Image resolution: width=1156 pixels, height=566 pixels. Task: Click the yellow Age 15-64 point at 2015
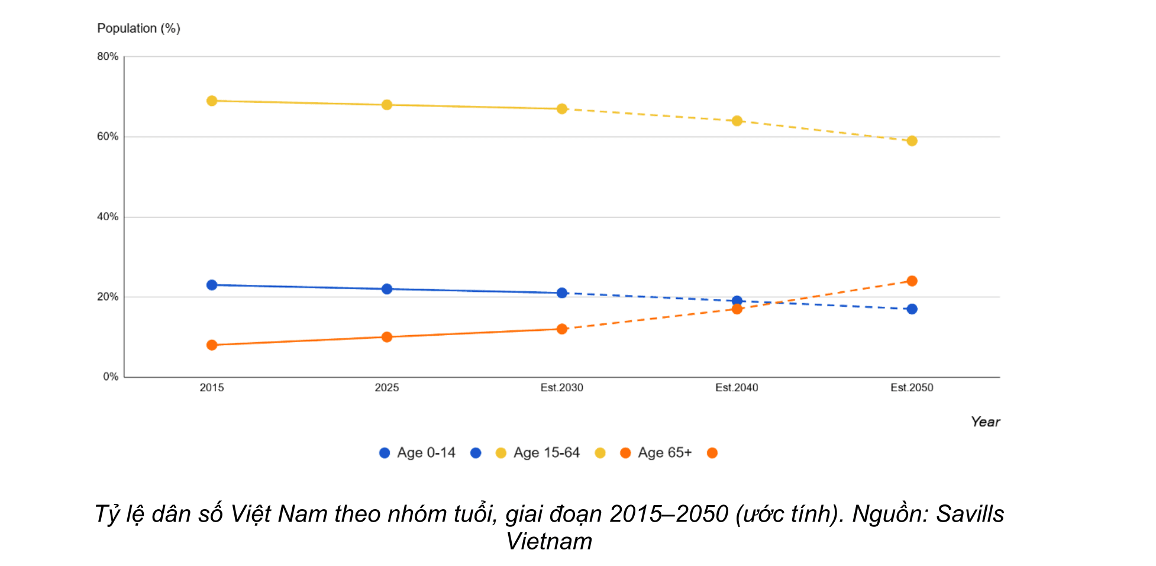coord(212,101)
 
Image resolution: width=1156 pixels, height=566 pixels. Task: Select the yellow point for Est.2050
coord(912,141)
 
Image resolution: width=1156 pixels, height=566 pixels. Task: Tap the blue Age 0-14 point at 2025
coord(387,289)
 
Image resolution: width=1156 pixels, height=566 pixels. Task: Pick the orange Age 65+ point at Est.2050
coord(912,281)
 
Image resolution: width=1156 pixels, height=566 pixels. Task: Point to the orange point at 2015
coord(212,345)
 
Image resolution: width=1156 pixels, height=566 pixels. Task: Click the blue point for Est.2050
coord(912,309)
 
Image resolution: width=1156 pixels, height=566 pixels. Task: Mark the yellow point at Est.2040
coord(737,121)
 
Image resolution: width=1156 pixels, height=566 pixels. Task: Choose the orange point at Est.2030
coord(562,329)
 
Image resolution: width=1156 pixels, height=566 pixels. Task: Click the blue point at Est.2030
coord(562,293)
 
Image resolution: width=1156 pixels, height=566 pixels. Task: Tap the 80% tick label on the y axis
coord(108,57)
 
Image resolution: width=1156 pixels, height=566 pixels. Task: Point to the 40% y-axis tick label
coord(108,217)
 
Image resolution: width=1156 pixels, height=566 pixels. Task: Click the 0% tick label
coord(111,377)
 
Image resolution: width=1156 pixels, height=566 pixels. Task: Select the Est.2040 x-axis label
coord(737,388)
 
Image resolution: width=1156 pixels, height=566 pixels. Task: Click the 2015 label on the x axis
coord(212,388)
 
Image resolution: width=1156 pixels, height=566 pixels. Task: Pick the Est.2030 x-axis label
coord(562,388)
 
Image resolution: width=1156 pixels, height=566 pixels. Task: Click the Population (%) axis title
coord(138,28)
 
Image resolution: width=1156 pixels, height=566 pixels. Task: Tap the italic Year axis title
coord(986,422)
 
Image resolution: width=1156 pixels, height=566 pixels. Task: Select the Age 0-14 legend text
coord(426,453)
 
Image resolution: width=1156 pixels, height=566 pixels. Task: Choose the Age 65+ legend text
coord(665,453)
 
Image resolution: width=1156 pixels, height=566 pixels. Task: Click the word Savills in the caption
coord(970,514)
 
